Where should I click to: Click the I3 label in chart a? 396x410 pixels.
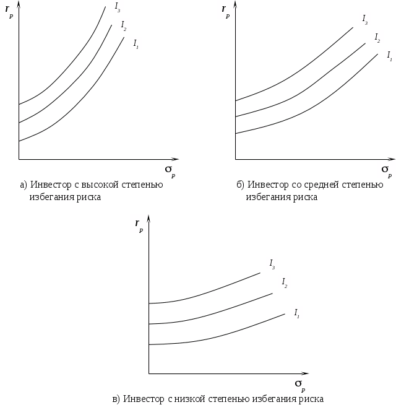coord(118,7)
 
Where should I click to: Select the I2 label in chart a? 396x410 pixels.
coord(124,25)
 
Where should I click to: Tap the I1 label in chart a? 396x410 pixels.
coord(136,43)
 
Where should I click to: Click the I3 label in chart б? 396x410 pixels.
coord(365,19)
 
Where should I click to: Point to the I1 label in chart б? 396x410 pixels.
coord(389,56)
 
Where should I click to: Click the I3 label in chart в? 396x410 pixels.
coord(272,263)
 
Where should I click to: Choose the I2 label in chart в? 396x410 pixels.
coord(284,282)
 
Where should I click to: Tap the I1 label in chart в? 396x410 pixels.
coord(297,312)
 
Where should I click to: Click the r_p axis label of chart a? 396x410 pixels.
coord(9,10)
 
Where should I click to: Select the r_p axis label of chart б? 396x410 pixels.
coord(226,10)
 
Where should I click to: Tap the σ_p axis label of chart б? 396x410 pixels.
coord(386,168)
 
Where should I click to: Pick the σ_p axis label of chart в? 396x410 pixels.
coord(299,383)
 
